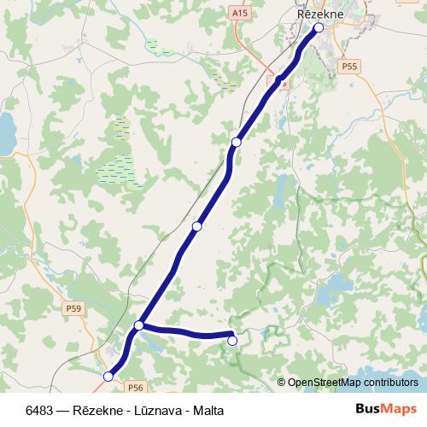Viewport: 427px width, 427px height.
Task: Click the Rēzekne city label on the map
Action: [x=320, y=14]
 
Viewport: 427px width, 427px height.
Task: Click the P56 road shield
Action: [x=136, y=363]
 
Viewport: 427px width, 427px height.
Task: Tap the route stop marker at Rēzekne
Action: [x=319, y=28]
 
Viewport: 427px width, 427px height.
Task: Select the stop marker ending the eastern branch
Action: [x=232, y=341]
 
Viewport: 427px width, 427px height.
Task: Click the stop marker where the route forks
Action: [x=139, y=325]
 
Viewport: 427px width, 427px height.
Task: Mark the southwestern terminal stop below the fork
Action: [x=108, y=376]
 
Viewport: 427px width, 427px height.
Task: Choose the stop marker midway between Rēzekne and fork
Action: [x=197, y=226]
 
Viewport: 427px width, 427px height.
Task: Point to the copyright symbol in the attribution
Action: [x=282, y=383]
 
